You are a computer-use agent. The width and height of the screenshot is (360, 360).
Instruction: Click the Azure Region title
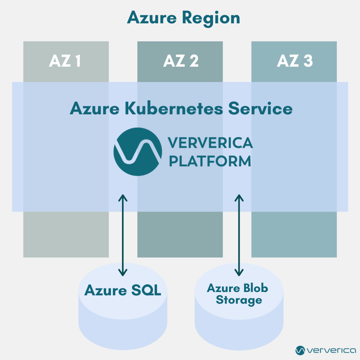183,18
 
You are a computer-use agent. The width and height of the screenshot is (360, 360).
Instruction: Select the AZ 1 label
65,62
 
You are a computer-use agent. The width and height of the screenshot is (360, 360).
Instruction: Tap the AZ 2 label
180,62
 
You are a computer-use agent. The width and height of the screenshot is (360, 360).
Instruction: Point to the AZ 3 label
295,62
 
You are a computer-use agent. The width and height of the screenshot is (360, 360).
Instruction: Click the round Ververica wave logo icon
138,151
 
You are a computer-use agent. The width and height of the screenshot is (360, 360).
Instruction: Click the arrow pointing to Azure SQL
123,235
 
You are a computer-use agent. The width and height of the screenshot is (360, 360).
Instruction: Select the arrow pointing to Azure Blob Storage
239,235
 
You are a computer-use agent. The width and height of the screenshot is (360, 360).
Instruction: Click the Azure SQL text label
122,291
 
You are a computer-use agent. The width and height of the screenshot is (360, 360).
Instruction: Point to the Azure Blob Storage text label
238,294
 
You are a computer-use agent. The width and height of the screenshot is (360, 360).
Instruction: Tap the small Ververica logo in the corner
325,350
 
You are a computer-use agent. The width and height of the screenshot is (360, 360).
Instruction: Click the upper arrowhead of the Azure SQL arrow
123,198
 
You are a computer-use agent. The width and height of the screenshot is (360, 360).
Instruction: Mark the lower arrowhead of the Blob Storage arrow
239,272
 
